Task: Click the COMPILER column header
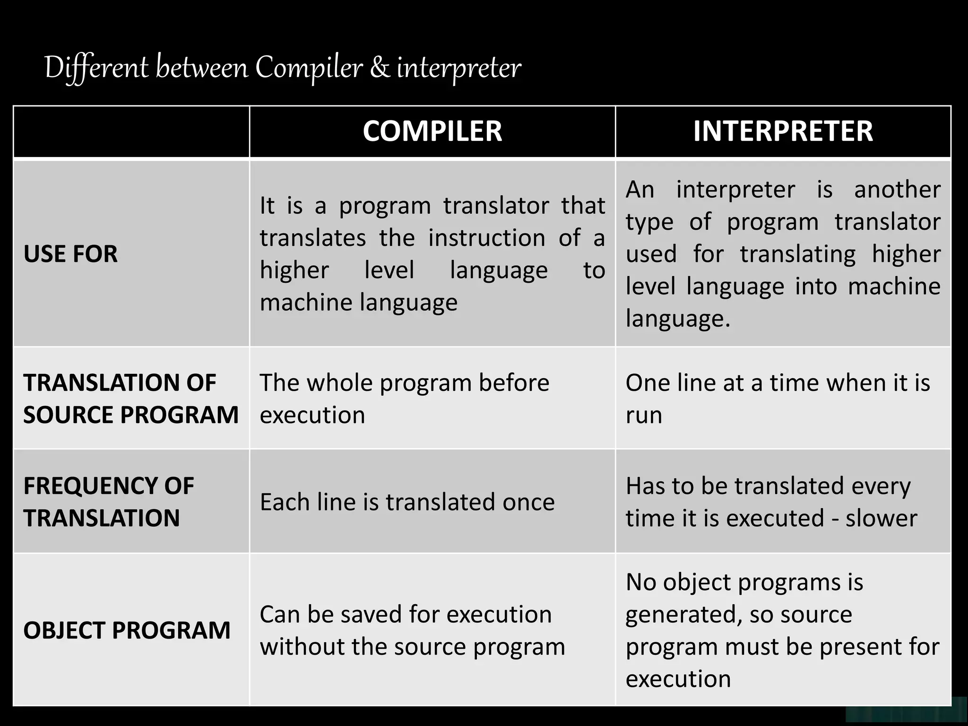(x=432, y=131)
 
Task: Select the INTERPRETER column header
(x=783, y=131)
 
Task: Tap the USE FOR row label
(x=70, y=254)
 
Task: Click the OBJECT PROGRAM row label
(x=127, y=630)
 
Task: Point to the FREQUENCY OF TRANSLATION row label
(x=109, y=501)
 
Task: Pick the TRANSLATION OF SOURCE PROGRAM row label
(x=130, y=398)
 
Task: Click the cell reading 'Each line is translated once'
(x=407, y=501)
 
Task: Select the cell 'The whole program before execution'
(x=405, y=398)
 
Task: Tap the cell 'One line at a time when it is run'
(x=778, y=398)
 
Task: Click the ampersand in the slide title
(x=380, y=68)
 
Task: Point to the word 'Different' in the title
(x=96, y=68)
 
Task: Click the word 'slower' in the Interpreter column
(x=881, y=518)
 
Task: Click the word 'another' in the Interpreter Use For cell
(x=897, y=190)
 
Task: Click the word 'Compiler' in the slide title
(x=309, y=68)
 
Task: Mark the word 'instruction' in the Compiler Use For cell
(x=487, y=238)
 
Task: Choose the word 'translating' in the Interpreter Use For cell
(x=797, y=254)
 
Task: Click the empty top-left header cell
(x=131, y=131)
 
